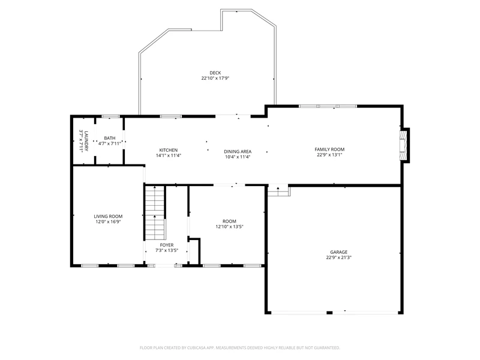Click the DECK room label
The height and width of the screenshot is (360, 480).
[215, 73]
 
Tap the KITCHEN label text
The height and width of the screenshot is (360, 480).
[169, 150]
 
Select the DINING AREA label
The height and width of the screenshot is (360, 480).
[238, 152]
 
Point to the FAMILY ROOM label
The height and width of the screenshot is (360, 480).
[329, 149]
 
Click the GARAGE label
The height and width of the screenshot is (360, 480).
[338, 252]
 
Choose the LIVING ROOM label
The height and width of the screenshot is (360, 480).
[108, 217]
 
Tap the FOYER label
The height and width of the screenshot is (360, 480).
[167, 245]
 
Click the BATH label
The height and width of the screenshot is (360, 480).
[110, 138]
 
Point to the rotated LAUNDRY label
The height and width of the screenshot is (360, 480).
[86, 141]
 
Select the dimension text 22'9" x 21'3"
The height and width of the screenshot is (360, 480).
[338, 257]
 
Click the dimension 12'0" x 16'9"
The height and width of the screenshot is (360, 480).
[108, 221]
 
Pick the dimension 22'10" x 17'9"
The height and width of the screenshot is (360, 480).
[215, 78]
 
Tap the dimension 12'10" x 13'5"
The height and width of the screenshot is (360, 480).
[229, 227]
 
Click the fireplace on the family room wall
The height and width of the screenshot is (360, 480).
[404, 145]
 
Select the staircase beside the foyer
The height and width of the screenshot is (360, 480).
[155, 213]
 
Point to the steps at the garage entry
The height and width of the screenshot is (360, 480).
[278, 191]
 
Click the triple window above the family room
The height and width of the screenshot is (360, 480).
[328, 106]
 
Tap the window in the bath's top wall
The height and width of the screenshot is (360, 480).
[110, 116]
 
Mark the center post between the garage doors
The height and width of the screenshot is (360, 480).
[329, 313]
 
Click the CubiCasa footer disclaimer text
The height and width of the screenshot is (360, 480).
[239, 348]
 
